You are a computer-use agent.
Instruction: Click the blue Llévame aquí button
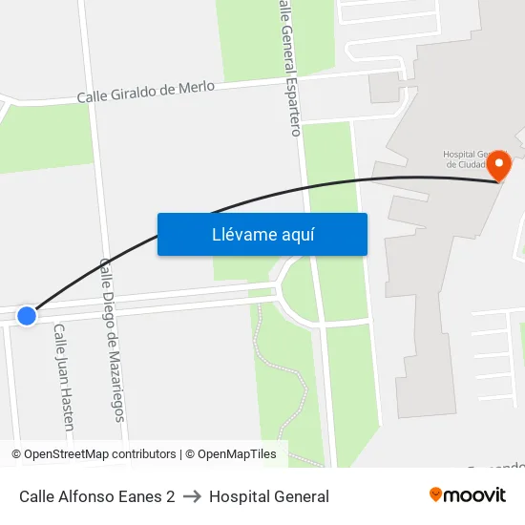click(x=262, y=235)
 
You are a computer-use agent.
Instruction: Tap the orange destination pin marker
click(x=499, y=165)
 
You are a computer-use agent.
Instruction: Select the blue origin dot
click(x=27, y=315)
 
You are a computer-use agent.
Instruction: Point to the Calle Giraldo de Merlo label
click(x=145, y=92)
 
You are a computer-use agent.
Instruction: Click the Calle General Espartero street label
click(x=289, y=67)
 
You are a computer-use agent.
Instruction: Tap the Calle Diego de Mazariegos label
click(x=112, y=339)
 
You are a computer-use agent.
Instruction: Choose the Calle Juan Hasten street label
click(x=64, y=377)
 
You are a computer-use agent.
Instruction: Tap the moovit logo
click(x=468, y=495)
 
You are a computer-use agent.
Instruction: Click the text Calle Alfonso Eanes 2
click(x=96, y=496)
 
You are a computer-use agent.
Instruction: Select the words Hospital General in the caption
click(x=269, y=496)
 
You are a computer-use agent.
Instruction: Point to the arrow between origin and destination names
click(x=192, y=496)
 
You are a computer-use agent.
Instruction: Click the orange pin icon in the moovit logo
click(x=436, y=494)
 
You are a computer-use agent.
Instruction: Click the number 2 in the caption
click(x=170, y=496)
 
